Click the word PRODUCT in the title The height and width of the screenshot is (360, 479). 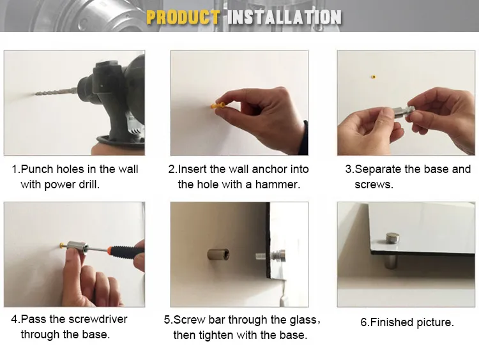coord(183,17)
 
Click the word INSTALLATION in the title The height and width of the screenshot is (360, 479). coord(284,17)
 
